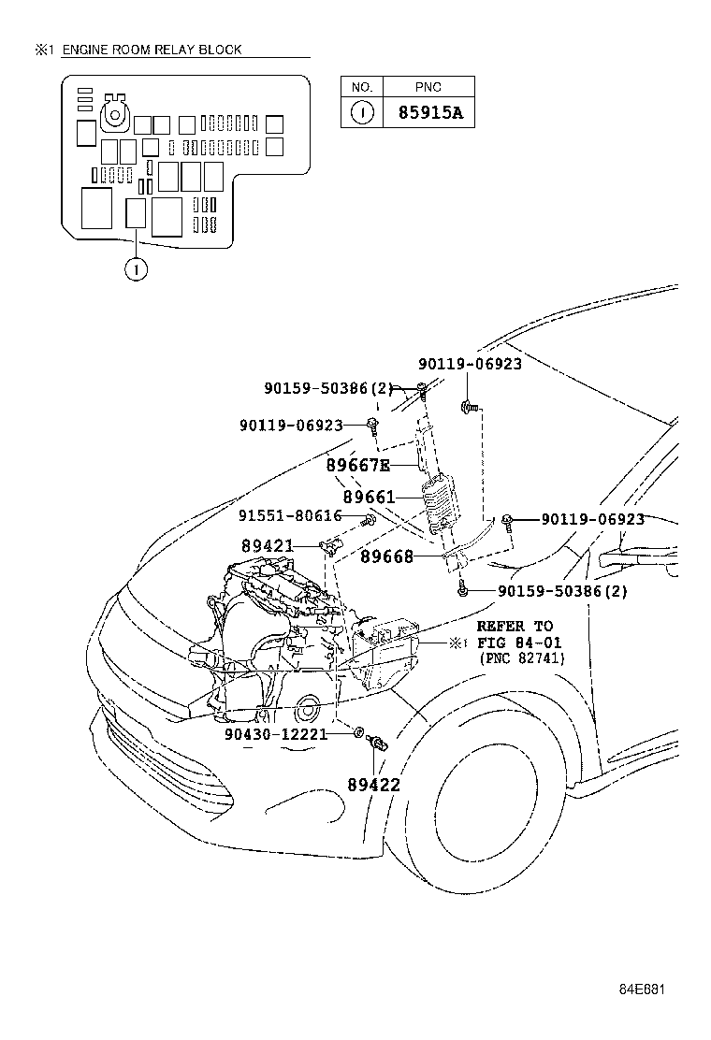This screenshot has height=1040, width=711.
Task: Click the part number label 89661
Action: point(369,498)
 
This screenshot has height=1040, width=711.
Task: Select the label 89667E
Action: point(357,466)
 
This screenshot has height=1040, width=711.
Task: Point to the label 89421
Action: point(268,545)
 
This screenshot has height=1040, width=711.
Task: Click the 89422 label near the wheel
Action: point(373,785)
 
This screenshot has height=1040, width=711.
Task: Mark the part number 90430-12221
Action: point(276,734)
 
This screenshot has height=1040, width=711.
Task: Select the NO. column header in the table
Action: point(361,88)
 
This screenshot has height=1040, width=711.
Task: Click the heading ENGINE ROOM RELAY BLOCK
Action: point(152,50)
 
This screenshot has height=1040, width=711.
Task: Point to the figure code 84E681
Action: point(642,989)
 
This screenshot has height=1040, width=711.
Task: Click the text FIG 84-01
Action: point(515,643)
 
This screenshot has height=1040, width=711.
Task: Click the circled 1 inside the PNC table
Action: point(361,114)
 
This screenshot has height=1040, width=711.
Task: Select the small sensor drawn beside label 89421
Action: point(330,545)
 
